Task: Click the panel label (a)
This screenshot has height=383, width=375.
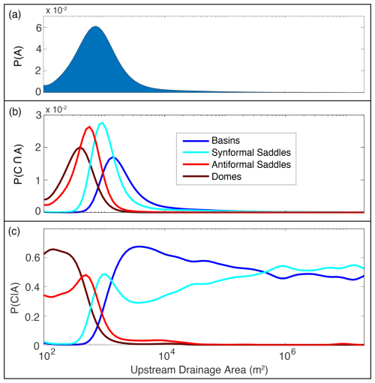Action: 15,15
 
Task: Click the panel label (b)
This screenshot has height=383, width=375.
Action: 15,112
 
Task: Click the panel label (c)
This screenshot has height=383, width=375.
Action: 14,232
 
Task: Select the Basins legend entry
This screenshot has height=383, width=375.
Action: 211,141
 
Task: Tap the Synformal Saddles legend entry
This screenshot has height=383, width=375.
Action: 237,153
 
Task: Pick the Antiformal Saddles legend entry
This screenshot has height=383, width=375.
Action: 237,165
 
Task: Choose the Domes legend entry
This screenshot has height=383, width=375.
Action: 212,177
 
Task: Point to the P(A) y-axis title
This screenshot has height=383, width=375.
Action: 18,56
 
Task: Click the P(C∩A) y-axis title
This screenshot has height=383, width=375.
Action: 18,164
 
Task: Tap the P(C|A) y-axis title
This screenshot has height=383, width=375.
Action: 15,298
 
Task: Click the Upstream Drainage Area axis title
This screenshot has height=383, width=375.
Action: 199,370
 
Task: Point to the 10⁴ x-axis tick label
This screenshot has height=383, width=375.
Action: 165,355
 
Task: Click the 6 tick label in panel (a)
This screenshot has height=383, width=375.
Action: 39,28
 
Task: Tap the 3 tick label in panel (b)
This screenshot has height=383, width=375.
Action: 38,115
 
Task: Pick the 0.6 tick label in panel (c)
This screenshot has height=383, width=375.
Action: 33,257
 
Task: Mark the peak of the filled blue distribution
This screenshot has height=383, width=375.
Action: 95,26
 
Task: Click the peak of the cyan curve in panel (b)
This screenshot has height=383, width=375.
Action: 102,123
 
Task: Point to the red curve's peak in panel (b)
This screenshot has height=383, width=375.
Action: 89,127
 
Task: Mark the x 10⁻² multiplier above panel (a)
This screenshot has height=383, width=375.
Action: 56,10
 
